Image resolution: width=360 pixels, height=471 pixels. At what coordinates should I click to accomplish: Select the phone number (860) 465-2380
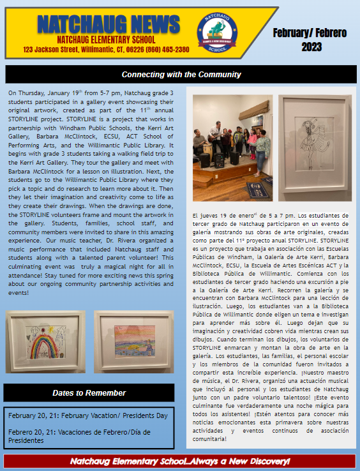coord(170,50)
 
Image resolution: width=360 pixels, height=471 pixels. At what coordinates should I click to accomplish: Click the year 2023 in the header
coord(311,46)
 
